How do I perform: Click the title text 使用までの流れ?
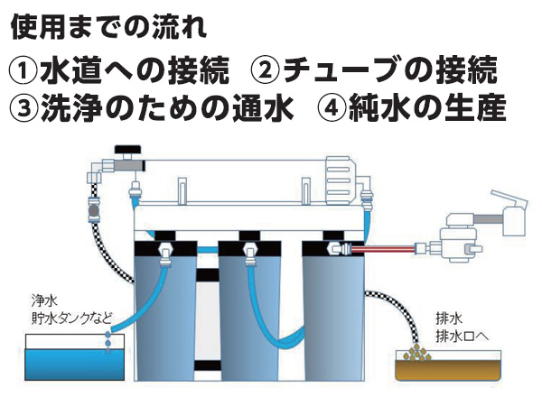(108, 25)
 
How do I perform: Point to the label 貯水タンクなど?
(69, 317)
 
